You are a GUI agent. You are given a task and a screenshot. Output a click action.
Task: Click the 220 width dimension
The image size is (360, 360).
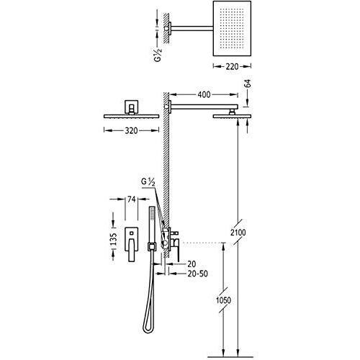coord(232,66)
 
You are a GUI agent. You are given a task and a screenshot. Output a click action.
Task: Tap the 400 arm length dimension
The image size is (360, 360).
coord(204,95)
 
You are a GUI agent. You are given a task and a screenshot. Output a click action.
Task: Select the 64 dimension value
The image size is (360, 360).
coord(248,84)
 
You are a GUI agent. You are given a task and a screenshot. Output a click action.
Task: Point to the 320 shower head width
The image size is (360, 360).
coord(131,131)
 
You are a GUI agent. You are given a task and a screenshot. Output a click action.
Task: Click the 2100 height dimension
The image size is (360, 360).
coord(238,233)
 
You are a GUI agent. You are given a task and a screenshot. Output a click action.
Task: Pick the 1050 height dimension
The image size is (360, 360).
coord(223,300)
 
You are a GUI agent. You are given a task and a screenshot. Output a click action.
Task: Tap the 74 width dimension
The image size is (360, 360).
coord(132,199)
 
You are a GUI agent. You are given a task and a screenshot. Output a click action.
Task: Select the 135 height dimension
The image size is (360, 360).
coord(114,238)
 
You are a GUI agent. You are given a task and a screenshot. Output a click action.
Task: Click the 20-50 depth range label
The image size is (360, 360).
coord(198,274)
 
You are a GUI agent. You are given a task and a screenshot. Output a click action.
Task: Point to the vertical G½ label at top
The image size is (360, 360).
coord(158,55)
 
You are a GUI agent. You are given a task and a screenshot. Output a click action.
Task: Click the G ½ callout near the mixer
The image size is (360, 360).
coord(148,182)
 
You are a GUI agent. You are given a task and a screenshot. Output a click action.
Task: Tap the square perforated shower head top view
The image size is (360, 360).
coord(232,28)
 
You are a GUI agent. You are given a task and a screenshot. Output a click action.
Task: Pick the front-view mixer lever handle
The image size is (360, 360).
coord(132,251)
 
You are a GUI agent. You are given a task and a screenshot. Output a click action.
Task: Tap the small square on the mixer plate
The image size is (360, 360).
coord(131,233)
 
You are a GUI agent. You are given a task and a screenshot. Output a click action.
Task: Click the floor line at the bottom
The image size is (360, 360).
coord(230,357)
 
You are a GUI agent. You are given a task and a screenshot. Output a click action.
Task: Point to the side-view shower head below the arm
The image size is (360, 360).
coord(232,117)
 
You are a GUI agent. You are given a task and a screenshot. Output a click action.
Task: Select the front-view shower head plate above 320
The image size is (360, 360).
coord(131,117)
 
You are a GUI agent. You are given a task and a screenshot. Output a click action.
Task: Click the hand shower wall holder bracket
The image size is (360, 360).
coord(151,247)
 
